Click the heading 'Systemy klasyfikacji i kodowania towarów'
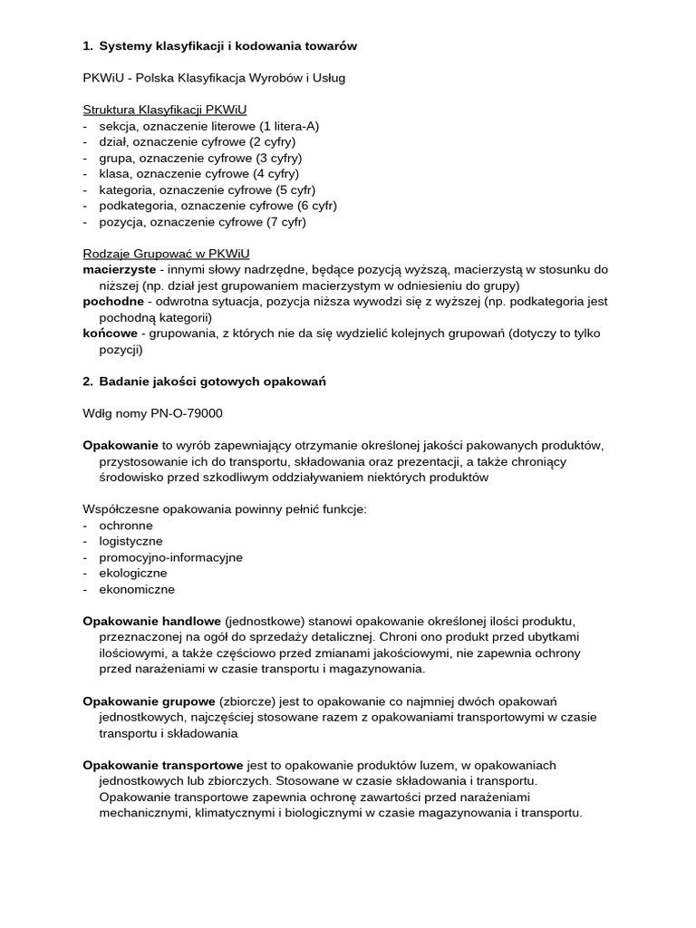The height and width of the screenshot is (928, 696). click(227, 45)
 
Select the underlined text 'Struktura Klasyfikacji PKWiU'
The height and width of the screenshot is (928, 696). click(164, 110)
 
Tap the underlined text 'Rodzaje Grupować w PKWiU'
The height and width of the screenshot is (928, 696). click(166, 254)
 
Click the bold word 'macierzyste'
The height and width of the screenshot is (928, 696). click(120, 269)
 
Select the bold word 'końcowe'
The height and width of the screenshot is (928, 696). click(110, 333)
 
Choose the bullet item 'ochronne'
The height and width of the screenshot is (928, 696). click(126, 526)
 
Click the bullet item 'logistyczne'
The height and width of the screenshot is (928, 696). click(131, 541)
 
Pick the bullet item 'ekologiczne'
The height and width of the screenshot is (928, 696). click(133, 573)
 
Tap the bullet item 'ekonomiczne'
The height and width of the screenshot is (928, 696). click(137, 589)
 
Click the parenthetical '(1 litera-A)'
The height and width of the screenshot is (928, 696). click(289, 126)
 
